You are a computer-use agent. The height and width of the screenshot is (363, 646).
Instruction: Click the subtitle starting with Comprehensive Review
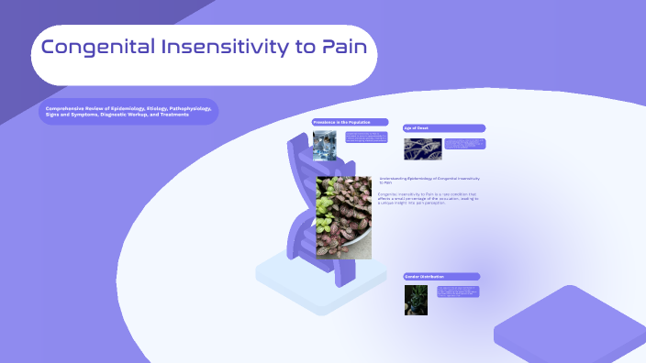point(128,112)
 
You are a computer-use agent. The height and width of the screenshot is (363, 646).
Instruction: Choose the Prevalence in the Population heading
point(350,122)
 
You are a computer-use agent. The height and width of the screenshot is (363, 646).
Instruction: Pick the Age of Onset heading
point(444,128)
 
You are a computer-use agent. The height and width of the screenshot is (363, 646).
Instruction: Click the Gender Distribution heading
point(441,277)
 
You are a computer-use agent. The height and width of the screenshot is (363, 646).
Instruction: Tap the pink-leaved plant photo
point(344,217)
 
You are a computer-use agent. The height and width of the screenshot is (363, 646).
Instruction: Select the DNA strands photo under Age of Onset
point(422,148)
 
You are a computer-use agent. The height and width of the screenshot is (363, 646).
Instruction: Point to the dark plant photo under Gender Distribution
point(416,300)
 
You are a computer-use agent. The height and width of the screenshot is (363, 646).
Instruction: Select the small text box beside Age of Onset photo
point(464,144)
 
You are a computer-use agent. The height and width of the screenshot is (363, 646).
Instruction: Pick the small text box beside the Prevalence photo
point(364,137)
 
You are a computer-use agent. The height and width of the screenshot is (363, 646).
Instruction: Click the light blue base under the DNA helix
point(303,271)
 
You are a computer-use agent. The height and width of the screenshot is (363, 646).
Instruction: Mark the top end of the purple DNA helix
point(299,142)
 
